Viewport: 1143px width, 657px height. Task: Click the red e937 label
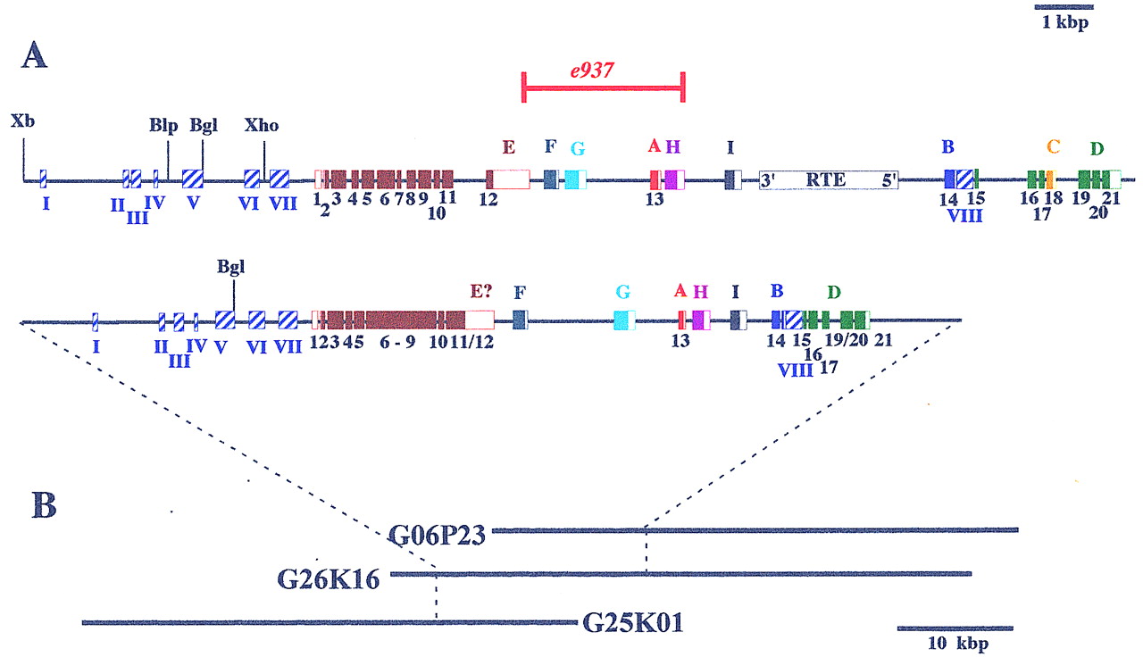(x=592, y=71)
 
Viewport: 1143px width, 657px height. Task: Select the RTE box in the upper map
(x=829, y=180)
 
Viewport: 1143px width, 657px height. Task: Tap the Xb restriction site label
(x=22, y=121)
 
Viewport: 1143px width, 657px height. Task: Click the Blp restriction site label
(x=163, y=126)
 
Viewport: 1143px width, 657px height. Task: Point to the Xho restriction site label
(x=262, y=126)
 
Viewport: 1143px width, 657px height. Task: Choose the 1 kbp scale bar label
(x=1065, y=22)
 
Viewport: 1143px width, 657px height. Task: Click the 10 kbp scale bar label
(x=958, y=644)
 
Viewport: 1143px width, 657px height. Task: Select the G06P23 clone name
(x=438, y=535)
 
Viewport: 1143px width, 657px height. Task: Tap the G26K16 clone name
(x=329, y=579)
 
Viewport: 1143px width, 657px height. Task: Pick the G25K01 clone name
(x=633, y=623)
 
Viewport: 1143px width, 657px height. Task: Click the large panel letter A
(x=34, y=55)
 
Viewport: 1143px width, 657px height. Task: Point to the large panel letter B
(x=44, y=505)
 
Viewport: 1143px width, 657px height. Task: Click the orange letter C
(x=1053, y=146)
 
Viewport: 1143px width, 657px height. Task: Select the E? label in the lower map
(x=481, y=291)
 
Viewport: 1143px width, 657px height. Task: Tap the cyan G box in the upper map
(x=576, y=179)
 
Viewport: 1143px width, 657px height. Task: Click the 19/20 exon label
(x=847, y=340)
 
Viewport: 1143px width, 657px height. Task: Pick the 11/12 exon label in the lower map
(x=472, y=342)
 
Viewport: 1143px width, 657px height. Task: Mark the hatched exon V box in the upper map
(x=193, y=179)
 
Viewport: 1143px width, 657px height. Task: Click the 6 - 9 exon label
(x=397, y=342)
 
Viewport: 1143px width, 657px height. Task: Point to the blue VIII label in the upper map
(x=964, y=216)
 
